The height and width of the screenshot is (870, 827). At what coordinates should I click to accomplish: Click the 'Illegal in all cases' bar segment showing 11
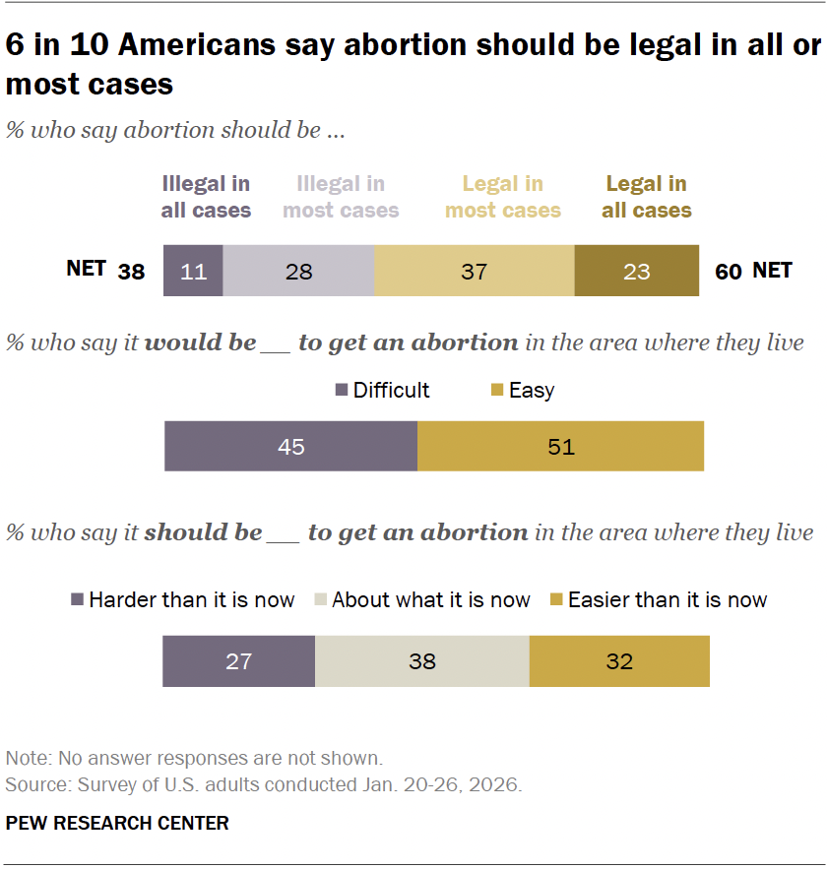point(193,271)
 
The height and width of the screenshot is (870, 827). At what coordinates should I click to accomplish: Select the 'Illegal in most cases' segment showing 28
point(298,271)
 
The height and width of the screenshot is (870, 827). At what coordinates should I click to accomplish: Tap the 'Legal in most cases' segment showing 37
point(474,271)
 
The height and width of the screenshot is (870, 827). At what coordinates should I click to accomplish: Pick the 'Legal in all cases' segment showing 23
point(636,271)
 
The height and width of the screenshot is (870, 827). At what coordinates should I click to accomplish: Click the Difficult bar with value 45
point(290,447)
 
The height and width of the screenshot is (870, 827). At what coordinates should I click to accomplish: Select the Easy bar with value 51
point(560,447)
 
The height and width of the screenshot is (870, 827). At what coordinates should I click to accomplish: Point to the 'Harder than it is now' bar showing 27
point(238,660)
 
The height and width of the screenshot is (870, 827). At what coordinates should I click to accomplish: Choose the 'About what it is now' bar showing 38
point(421,660)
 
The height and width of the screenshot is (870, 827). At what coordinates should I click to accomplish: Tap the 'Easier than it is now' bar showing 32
point(618,660)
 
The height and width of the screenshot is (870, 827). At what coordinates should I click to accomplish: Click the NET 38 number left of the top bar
point(131,272)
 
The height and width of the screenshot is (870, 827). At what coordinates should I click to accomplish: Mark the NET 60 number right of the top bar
point(729,272)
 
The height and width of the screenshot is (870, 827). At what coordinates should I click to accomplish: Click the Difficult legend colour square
point(342,391)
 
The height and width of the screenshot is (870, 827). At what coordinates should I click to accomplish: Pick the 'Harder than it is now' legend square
point(78,600)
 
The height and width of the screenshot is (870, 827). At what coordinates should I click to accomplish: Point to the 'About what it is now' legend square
point(321,600)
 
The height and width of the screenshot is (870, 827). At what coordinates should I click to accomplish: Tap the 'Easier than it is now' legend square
point(556,600)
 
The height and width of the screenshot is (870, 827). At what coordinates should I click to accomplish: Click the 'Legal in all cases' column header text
point(647,197)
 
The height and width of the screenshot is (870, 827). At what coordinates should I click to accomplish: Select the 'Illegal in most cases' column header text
point(341,197)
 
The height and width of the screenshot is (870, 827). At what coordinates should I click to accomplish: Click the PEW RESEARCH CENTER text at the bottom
point(117,823)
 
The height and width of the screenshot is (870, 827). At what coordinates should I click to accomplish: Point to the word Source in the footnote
point(30,785)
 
